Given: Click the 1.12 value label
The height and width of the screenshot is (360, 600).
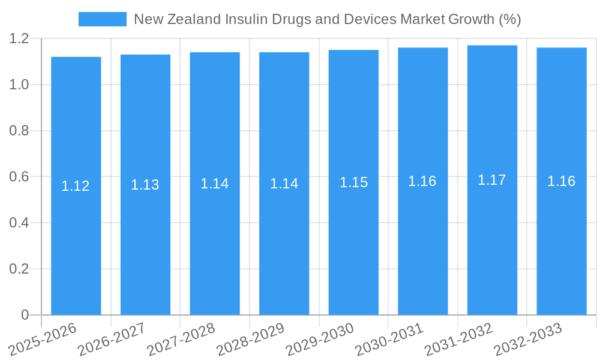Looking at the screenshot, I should tap(76, 186).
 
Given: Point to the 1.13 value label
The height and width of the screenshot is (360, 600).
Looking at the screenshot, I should tap(145, 185).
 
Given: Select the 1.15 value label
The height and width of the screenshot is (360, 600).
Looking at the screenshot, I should tap(353, 182).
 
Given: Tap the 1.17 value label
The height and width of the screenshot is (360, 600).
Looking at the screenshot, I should tap(492, 180).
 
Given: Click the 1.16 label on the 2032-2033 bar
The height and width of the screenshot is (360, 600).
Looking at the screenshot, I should tap(562, 181).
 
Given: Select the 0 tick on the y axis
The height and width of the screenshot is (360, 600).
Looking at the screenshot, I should tap(25, 315).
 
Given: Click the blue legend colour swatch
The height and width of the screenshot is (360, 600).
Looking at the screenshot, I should tap(103, 19).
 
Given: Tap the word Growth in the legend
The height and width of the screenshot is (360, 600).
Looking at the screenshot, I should tap(472, 19).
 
